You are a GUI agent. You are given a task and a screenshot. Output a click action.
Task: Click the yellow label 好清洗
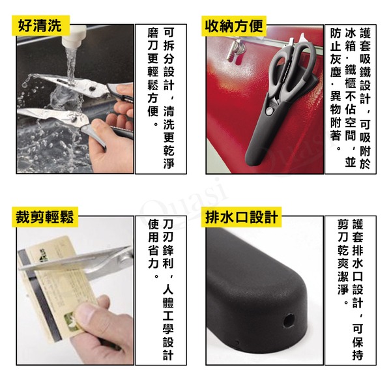coord(40,25)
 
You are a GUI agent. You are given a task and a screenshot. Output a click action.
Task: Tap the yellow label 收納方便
coord(234,25)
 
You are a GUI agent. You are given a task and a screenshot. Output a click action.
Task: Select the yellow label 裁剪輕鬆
coord(45,217)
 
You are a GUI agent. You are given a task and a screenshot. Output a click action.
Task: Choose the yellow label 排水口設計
coord(241,217)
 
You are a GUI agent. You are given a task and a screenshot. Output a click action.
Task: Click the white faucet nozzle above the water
coord(72,36)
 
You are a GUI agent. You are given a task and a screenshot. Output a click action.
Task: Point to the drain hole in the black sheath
coord(289,320)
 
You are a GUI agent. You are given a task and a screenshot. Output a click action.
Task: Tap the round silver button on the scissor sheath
coord(269,111)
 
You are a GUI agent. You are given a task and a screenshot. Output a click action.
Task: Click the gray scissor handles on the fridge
coord(291,70)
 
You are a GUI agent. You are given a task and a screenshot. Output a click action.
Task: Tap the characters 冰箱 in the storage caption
coord(351,39)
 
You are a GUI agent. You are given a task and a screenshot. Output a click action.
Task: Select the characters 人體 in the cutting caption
coord(168,297)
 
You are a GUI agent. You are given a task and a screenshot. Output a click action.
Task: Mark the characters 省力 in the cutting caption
coord(153,257)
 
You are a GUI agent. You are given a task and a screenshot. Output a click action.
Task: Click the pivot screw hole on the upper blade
coord(93,89)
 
